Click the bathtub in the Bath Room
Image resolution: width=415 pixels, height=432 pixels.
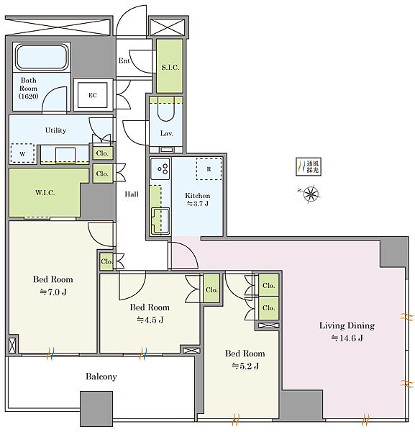point(42,57)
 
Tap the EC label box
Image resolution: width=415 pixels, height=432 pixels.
point(93,95)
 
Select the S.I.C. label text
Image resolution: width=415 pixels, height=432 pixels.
point(170,67)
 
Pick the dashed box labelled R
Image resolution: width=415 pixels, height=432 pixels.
point(209,169)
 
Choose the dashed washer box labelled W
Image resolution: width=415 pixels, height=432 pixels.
point(22,153)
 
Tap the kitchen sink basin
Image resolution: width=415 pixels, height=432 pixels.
point(160,221)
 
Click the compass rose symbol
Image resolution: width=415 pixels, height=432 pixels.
point(311,194)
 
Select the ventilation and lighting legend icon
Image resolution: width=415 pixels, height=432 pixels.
point(309,167)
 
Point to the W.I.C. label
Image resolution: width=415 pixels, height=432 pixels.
point(45,192)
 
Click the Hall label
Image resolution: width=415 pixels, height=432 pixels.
point(132,194)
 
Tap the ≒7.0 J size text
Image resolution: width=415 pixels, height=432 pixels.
point(53,292)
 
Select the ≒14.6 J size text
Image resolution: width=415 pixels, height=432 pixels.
point(347,338)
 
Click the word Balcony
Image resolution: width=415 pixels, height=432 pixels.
point(101,377)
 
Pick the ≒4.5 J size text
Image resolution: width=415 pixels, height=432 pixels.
point(150,320)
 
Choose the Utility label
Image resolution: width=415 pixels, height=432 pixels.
point(55,130)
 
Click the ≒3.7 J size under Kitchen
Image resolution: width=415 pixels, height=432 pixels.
point(198,204)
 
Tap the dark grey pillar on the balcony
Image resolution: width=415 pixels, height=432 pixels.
point(96,408)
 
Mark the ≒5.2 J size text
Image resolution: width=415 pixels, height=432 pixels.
point(245,366)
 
